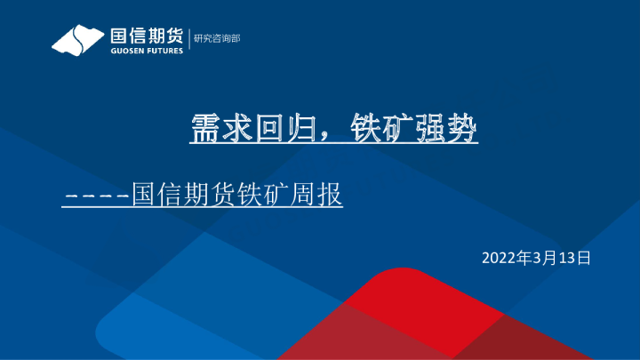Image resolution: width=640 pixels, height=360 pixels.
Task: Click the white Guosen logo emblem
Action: (76, 40)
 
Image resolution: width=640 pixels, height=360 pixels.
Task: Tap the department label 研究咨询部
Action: (217, 38)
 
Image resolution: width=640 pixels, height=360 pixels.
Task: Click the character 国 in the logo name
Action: (117, 36)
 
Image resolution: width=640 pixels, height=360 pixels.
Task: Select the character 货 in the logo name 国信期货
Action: (173, 36)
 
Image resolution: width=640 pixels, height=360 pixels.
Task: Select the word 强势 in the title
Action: (447, 127)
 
